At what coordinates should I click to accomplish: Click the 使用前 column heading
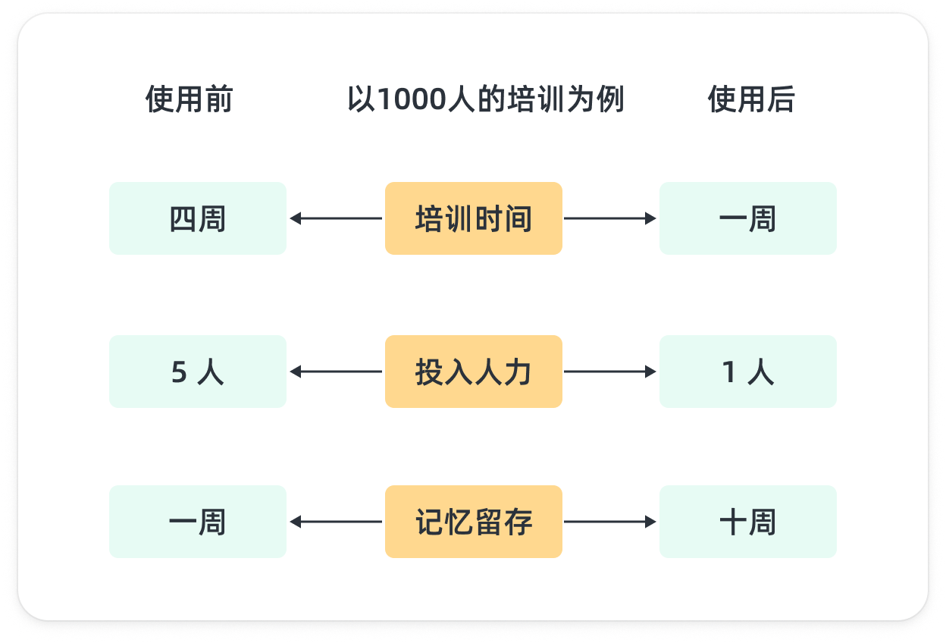[x=189, y=100]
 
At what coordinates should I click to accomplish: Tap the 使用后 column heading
[x=750, y=100]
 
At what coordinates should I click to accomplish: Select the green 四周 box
[x=198, y=218]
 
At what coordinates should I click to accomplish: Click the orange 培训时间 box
[x=473, y=218]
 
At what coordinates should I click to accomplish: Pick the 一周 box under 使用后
[x=747, y=218]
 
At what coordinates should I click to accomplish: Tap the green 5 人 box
[x=198, y=372]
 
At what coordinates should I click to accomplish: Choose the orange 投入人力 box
[x=473, y=372]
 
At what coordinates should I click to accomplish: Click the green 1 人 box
[x=747, y=372]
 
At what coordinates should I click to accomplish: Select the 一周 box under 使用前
[x=198, y=522]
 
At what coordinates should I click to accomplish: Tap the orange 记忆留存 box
[x=473, y=522]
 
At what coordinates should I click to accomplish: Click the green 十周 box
[x=747, y=522]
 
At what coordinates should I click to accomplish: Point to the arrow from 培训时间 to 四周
[x=336, y=218]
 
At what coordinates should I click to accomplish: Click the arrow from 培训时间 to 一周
[x=610, y=218]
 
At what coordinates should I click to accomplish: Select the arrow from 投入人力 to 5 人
[x=336, y=372]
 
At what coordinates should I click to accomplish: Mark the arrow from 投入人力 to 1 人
[x=610, y=372]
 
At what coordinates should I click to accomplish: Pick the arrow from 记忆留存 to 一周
[x=336, y=522]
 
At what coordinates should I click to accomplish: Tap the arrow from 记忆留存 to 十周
[x=610, y=522]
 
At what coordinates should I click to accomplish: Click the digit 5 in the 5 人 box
[x=179, y=372]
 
